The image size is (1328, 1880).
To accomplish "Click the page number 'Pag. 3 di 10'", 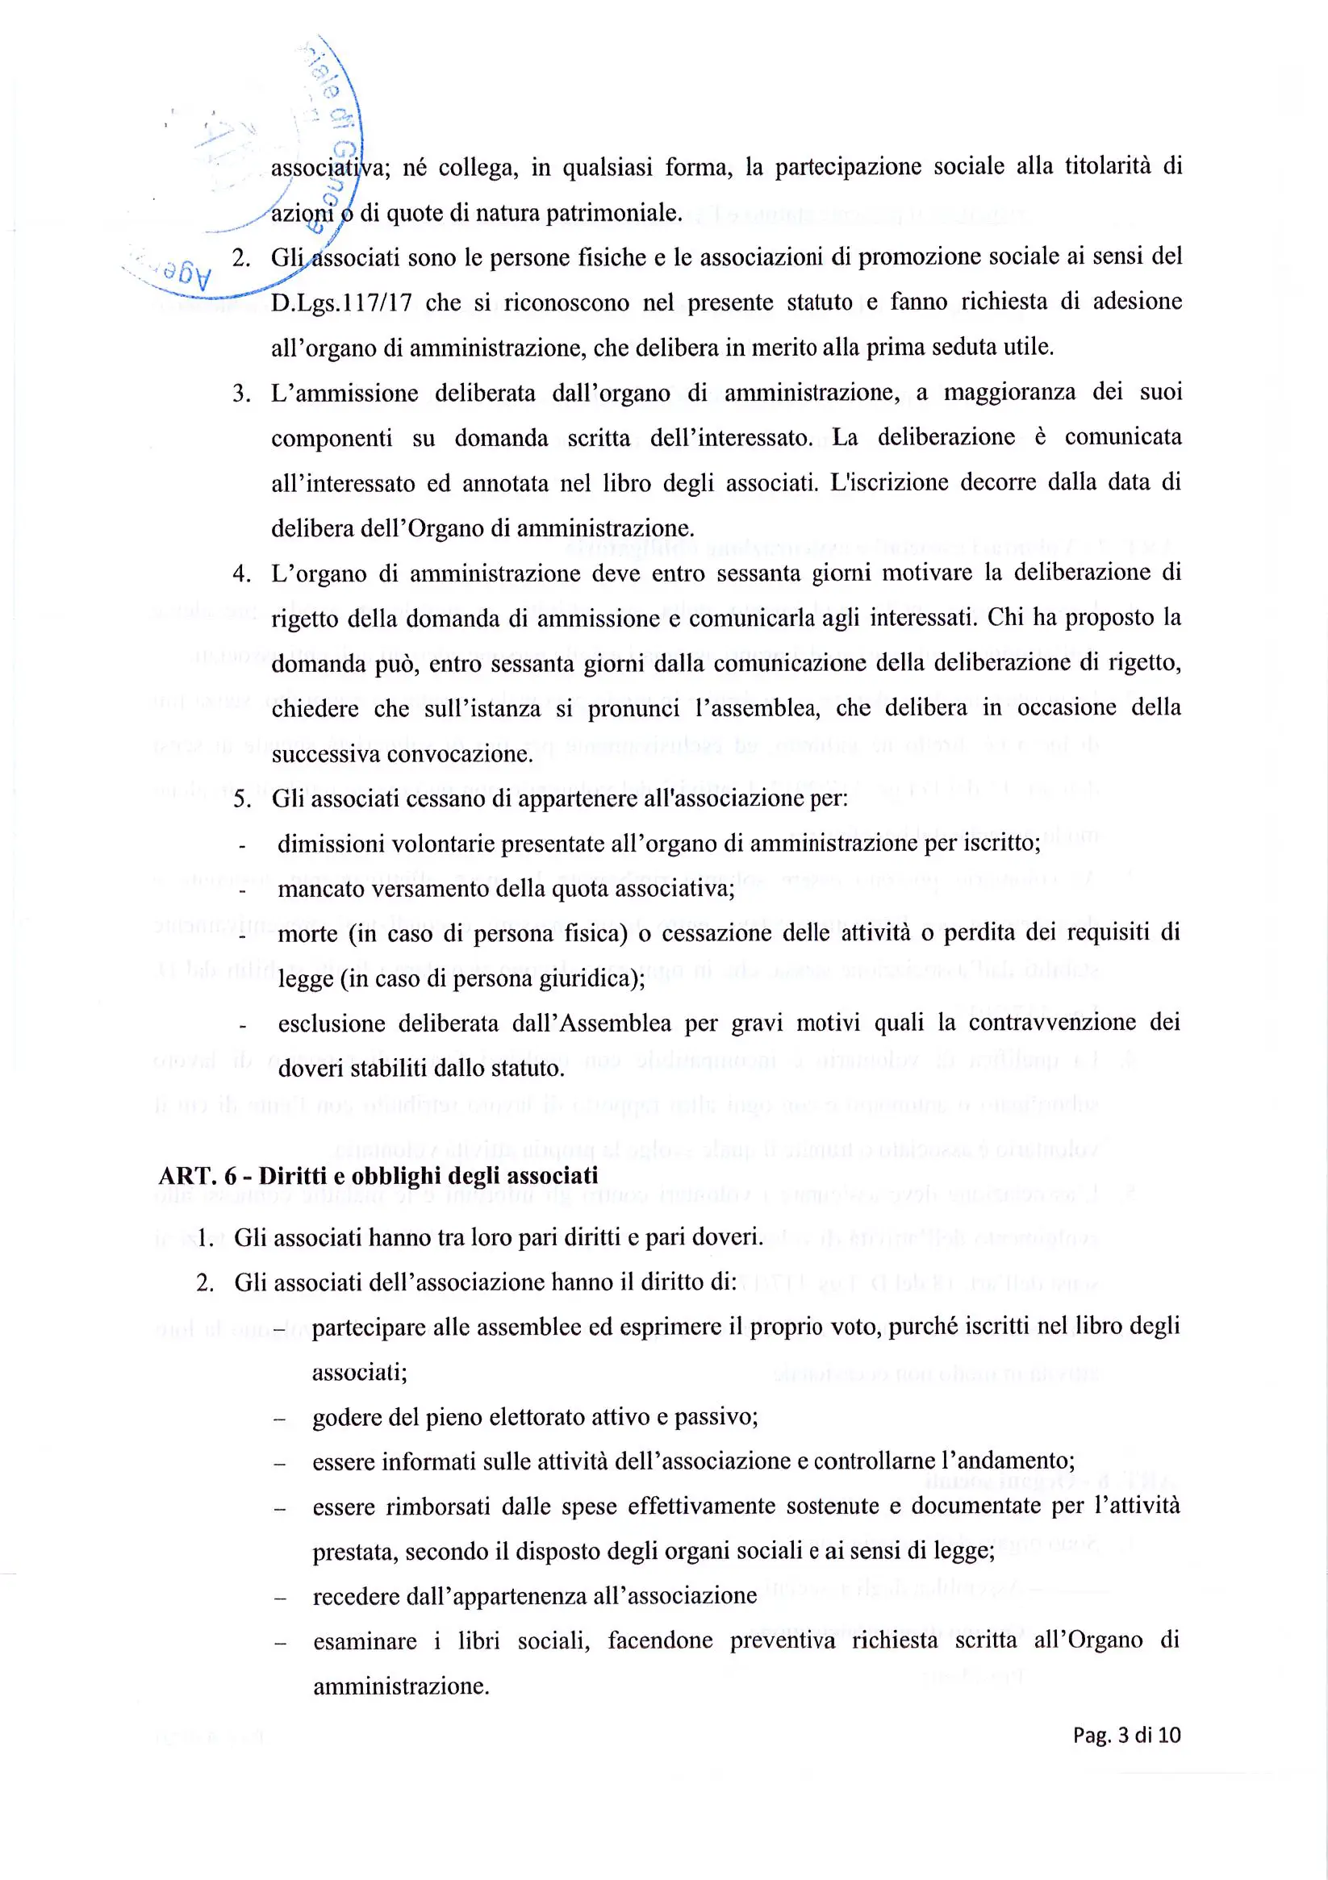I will (x=1126, y=1734).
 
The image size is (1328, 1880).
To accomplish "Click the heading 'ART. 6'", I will (x=198, y=1176).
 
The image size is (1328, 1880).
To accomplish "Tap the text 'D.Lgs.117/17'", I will (x=341, y=303).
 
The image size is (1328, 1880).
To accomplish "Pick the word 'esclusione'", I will (x=329, y=1023).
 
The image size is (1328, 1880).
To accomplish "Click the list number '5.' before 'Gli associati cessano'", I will (x=242, y=799).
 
